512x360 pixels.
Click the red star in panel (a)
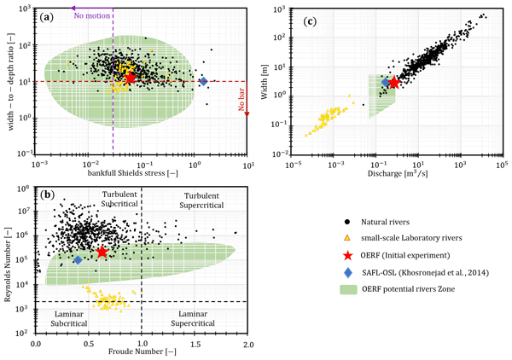pos(131,77)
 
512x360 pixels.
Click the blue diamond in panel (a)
pos(203,81)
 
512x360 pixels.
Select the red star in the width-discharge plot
pos(394,83)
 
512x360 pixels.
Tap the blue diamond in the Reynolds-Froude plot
pos(78,259)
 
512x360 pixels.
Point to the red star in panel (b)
pos(102,252)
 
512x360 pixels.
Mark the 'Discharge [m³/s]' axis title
pos(395,176)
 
